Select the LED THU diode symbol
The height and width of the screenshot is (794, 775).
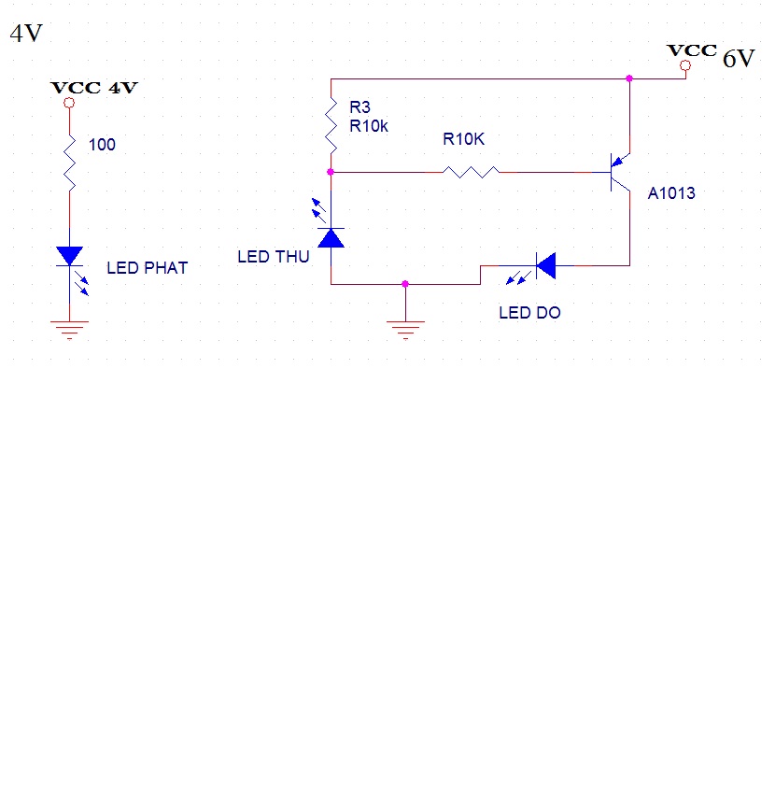click(x=331, y=237)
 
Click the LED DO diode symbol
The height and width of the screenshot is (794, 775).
click(x=545, y=265)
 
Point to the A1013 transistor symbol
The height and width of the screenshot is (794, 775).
click(x=619, y=172)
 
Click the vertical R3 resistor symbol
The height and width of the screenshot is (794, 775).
click(x=331, y=124)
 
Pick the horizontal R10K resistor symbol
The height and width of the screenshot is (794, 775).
click(x=471, y=172)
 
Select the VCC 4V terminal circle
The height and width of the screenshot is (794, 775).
click(x=68, y=104)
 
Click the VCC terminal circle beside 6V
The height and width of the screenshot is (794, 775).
click(x=685, y=65)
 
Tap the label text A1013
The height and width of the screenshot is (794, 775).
click(x=671, y=194)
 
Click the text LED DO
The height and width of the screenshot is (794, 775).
click(x=529, y=313)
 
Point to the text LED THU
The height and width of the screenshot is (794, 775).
click(x=273, y=257)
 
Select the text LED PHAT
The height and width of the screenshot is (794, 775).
click(x=147, y=268)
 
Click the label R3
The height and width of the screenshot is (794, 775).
click(x=359, y=108)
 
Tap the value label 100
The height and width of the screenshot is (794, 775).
click(x=102, y=145)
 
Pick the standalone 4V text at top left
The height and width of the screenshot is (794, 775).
click(x=25, y=35)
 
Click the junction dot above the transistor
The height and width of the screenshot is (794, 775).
click(x=629, y=78)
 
